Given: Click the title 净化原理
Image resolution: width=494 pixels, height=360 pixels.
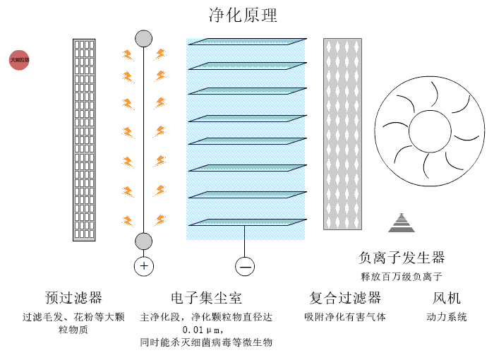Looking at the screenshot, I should click(243, 15).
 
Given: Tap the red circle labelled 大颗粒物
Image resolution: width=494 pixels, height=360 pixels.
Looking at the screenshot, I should click(19, 61).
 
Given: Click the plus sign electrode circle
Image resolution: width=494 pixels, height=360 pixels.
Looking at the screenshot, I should click(144, 266).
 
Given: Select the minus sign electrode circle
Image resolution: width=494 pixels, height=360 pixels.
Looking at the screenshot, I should click(245, 266).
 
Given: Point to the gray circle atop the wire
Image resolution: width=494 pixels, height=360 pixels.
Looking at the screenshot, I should click(144, 38).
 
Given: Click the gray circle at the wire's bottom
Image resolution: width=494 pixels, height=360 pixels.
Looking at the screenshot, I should click(144, 241).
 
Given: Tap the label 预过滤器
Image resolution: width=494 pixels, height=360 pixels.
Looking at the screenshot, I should click(73, 297).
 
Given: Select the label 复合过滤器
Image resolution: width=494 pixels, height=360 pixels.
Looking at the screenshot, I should click(345, 297).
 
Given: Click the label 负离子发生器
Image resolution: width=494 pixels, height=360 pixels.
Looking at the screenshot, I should click(402, 258).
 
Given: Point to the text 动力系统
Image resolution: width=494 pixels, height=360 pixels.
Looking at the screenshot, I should click(447, 317).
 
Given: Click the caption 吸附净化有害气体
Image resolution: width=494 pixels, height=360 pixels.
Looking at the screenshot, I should click(345, 317).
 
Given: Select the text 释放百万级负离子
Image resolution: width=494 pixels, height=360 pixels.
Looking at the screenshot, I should click(402, 276).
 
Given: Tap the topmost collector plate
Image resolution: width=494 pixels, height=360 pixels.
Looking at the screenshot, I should click(247, 41).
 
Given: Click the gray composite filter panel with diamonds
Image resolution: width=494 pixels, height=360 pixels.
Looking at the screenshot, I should click(342, 133).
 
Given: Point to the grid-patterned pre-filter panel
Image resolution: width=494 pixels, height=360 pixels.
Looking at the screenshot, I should click(84, 139).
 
